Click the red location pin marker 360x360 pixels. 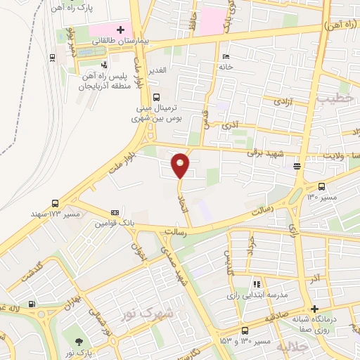coord(181,165)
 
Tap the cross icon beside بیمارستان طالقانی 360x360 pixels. coord(120,30)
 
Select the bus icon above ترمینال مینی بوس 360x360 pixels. coord(156,98)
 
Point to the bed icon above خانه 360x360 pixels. coord(225,57)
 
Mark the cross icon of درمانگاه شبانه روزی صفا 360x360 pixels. coord(314,309)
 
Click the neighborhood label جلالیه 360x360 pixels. coord(292,346)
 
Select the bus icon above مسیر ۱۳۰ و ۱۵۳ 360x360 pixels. coord(245,330)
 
